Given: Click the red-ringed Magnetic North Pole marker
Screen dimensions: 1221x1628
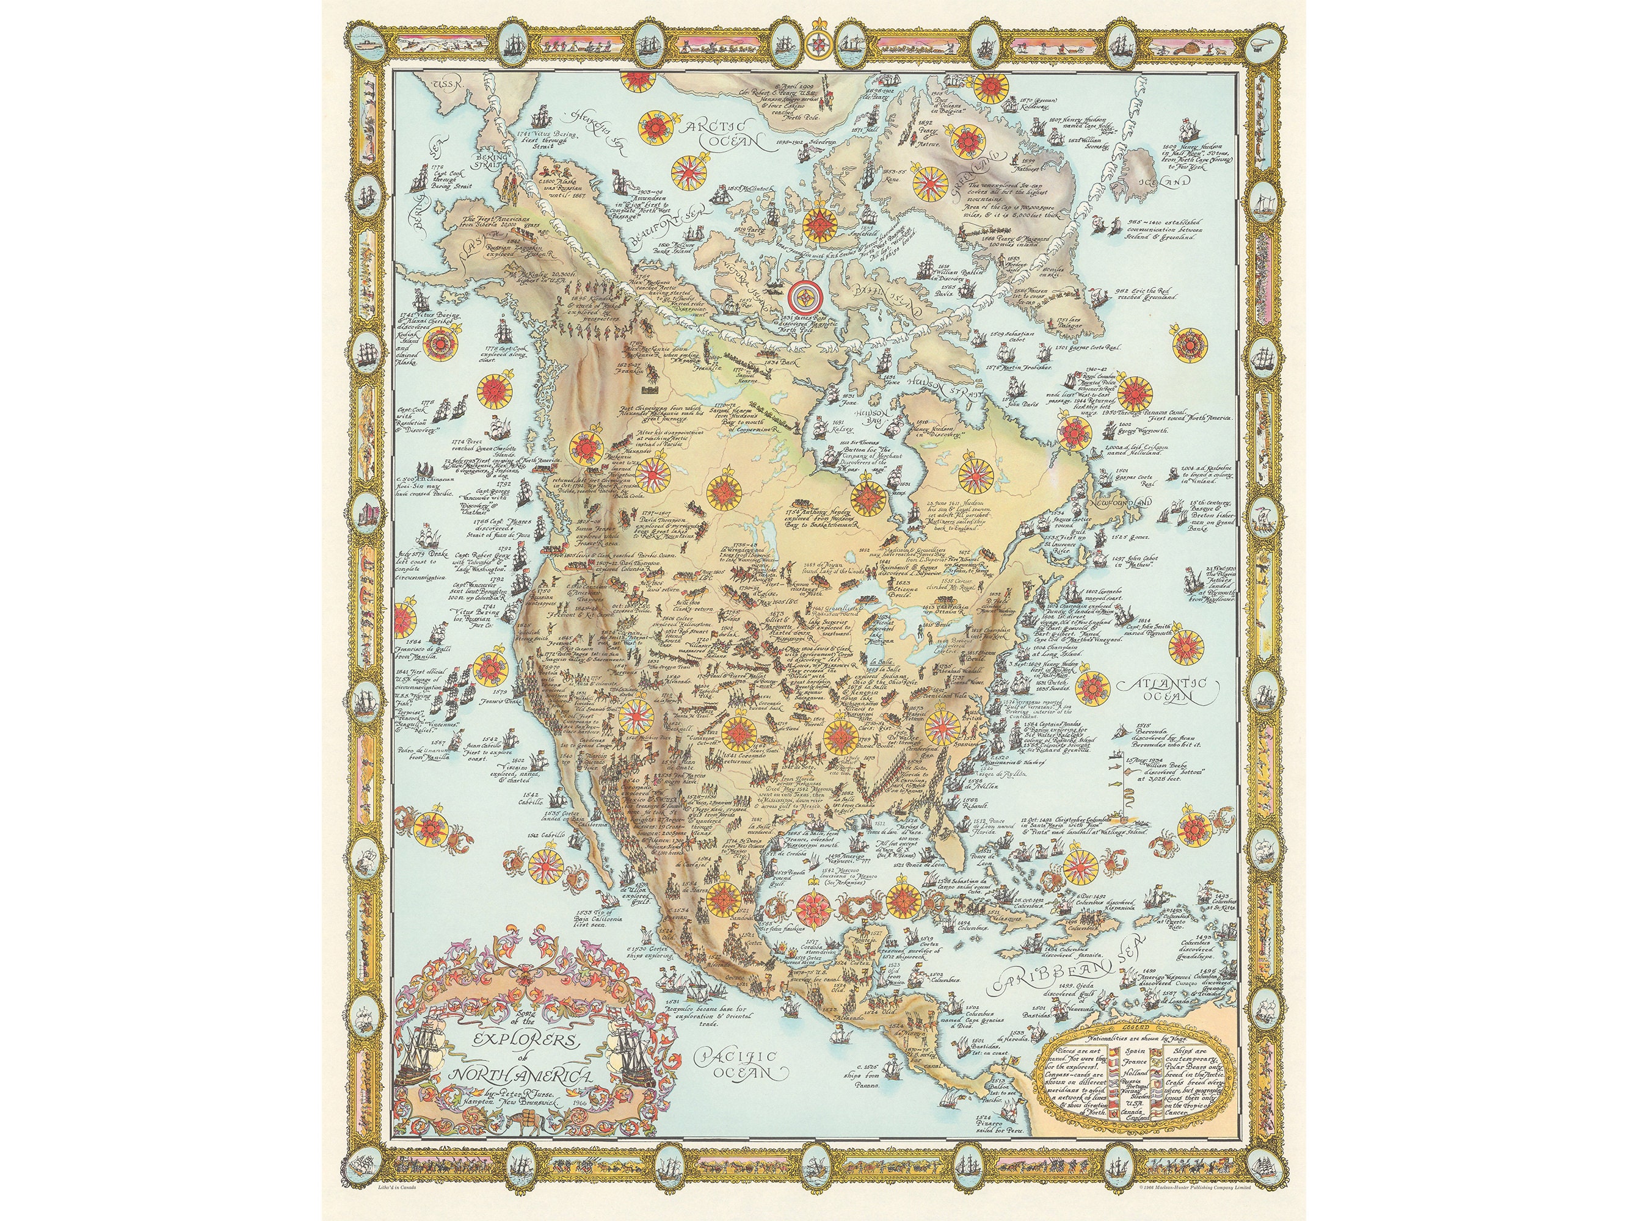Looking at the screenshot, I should (804, 297).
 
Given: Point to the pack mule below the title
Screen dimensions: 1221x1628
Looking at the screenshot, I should (527, 1121).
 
